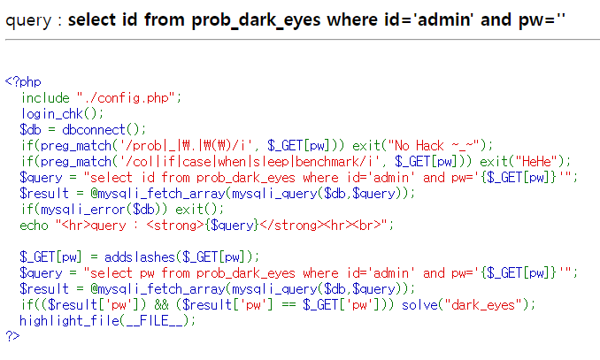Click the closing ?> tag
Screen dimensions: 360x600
click(12, 336)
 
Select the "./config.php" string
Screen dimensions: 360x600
click(128, 97)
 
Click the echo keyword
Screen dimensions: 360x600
click(35, 225)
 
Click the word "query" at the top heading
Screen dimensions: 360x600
click(27, 19)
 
